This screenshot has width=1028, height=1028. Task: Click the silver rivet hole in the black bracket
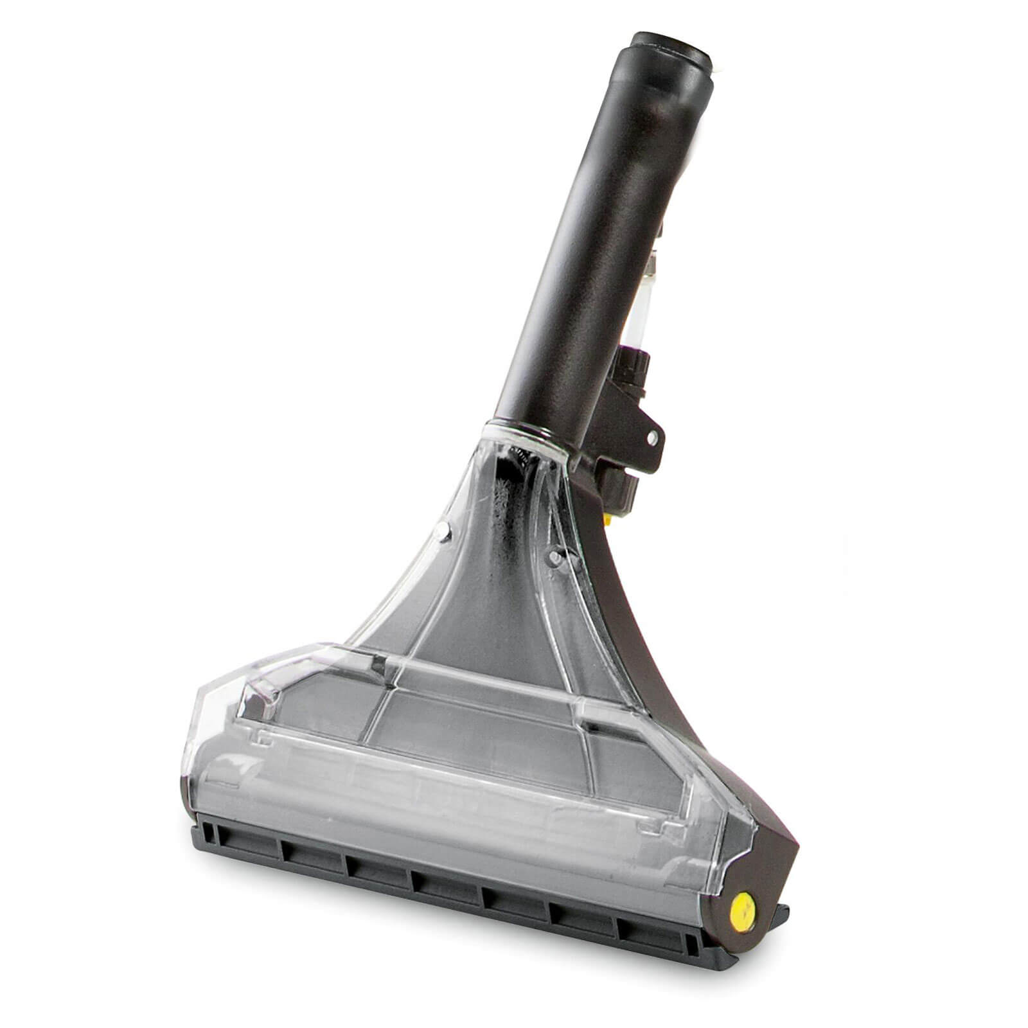(x=652, y=438)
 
